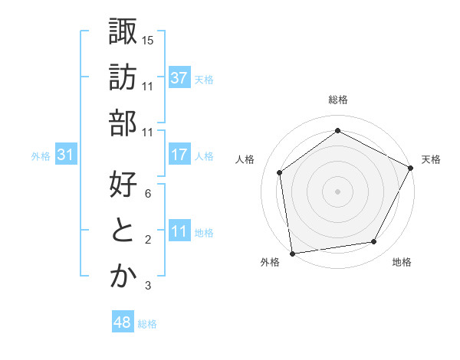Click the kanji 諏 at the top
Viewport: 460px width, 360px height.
[x=123, y=32]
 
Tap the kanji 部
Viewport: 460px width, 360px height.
[x=123, y=123]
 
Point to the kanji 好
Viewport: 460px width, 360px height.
[x=123, y=185]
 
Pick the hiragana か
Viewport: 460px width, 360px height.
[x=123, y=277]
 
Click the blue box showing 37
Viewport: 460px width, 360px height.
[x=179, y=78]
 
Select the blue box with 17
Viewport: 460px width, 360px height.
[x=179, y=155]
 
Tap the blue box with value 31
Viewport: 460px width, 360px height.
[x=66, y=155]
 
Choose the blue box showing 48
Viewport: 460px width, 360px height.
[x=123, y=323]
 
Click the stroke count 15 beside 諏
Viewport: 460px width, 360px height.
[x=148, y=39]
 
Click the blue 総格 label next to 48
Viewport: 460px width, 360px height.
[x=147, y=324]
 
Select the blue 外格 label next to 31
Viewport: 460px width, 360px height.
[x=41, y=156]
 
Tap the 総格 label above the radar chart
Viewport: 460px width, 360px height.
[x=337, y=100]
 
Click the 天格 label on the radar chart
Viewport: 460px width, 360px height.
[x=431, y=159]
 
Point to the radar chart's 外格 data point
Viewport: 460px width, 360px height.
[x=292, y=252]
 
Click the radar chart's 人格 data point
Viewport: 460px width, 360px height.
[x=280, y=172]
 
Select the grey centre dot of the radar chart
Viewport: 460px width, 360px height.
[x=337, y=191]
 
